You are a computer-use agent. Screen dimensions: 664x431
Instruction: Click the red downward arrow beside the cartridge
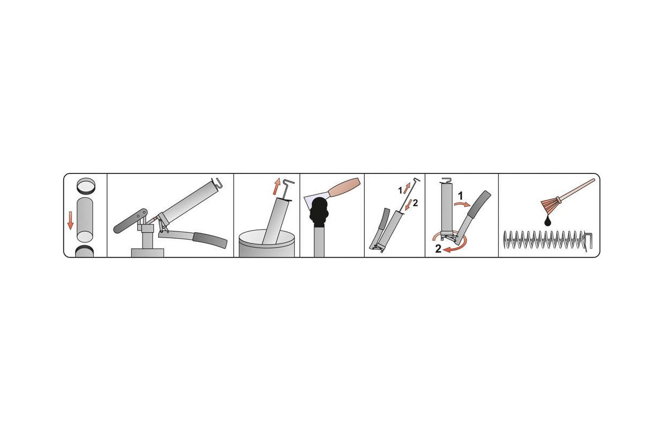tap(70, 220)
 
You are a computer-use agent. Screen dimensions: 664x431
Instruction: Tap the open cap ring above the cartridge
tap(86, 186)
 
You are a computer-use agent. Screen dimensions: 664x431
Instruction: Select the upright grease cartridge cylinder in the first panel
tap(85, 220)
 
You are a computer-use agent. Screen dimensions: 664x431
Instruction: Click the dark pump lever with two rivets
tap(130, 220)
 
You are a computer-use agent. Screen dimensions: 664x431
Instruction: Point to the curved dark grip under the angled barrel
tap(210, 240)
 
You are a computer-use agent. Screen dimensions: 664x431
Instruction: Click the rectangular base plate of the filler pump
tap(147, 253)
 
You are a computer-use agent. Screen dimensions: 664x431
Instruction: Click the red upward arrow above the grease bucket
tap(277, 186)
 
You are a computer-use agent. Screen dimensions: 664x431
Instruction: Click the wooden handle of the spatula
tap(344, 187)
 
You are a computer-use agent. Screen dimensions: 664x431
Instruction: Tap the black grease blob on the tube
tap(319, 212)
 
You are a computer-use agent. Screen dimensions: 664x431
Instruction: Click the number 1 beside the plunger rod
tap(400, 191)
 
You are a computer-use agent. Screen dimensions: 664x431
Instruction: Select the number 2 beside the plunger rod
tap(415, 203)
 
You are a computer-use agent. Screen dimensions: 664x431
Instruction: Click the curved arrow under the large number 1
tap(462, 204)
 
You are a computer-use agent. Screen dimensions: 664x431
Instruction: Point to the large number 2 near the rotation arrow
tap(439, 249)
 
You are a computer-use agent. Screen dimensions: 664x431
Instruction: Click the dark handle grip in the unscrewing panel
tap(479, 205)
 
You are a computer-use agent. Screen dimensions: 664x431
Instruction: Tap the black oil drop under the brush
tap(548, 221)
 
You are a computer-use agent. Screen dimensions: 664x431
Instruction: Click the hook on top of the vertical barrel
tap(447, 180)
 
